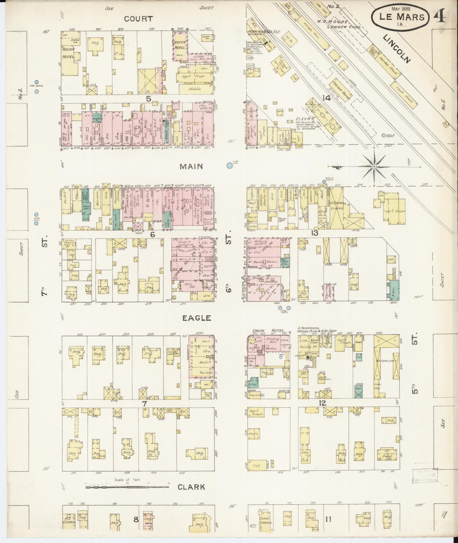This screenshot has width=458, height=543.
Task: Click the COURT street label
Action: click(x=139, y=19)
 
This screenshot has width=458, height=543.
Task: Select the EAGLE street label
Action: click(x=196, y=318)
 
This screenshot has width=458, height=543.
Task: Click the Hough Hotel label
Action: click(x=68, y=53)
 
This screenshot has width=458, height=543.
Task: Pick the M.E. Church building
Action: click(x=69, y=521)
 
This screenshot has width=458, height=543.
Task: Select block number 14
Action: click(x=327, y=98)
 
